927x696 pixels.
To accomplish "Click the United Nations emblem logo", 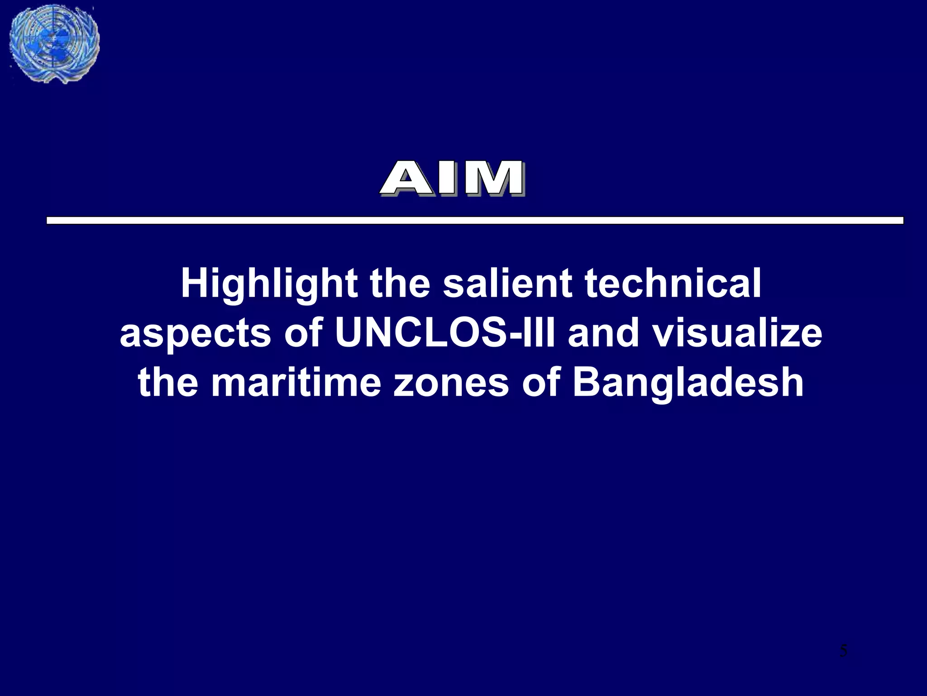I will (x=54, y=44).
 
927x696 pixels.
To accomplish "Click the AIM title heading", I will (x=452, y=179).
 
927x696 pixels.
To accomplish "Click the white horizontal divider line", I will (x=475, y=221).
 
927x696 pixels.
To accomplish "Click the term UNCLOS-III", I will (x=445, y=333).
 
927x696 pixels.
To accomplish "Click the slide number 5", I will (x=843, y=651).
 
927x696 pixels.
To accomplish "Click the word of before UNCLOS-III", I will (x=303, y=333).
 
